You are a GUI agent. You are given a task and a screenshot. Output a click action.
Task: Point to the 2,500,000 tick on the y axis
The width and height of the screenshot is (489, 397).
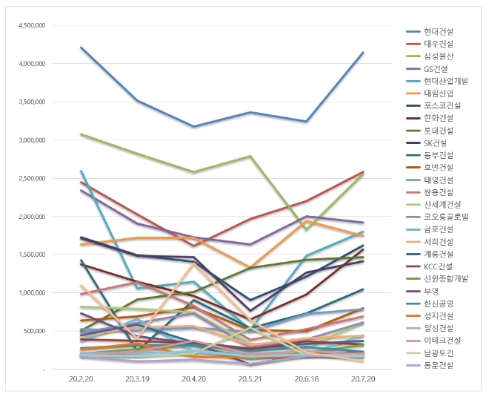pos(30,178)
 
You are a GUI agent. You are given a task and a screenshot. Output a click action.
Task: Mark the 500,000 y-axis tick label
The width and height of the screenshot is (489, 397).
pos(33,331)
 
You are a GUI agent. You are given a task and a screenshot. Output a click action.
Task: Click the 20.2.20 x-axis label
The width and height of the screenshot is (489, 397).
pos(80,378)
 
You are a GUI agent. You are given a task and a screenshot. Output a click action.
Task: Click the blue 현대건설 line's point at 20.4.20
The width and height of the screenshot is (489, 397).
pos(194,126)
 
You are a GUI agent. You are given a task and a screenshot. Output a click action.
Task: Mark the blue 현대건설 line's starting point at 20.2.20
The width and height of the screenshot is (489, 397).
pos(80,47)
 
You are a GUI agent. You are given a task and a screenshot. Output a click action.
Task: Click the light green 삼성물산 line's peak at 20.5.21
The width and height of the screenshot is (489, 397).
pos(251,157)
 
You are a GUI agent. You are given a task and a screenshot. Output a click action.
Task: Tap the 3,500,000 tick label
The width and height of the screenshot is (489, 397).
pos(30,102)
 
